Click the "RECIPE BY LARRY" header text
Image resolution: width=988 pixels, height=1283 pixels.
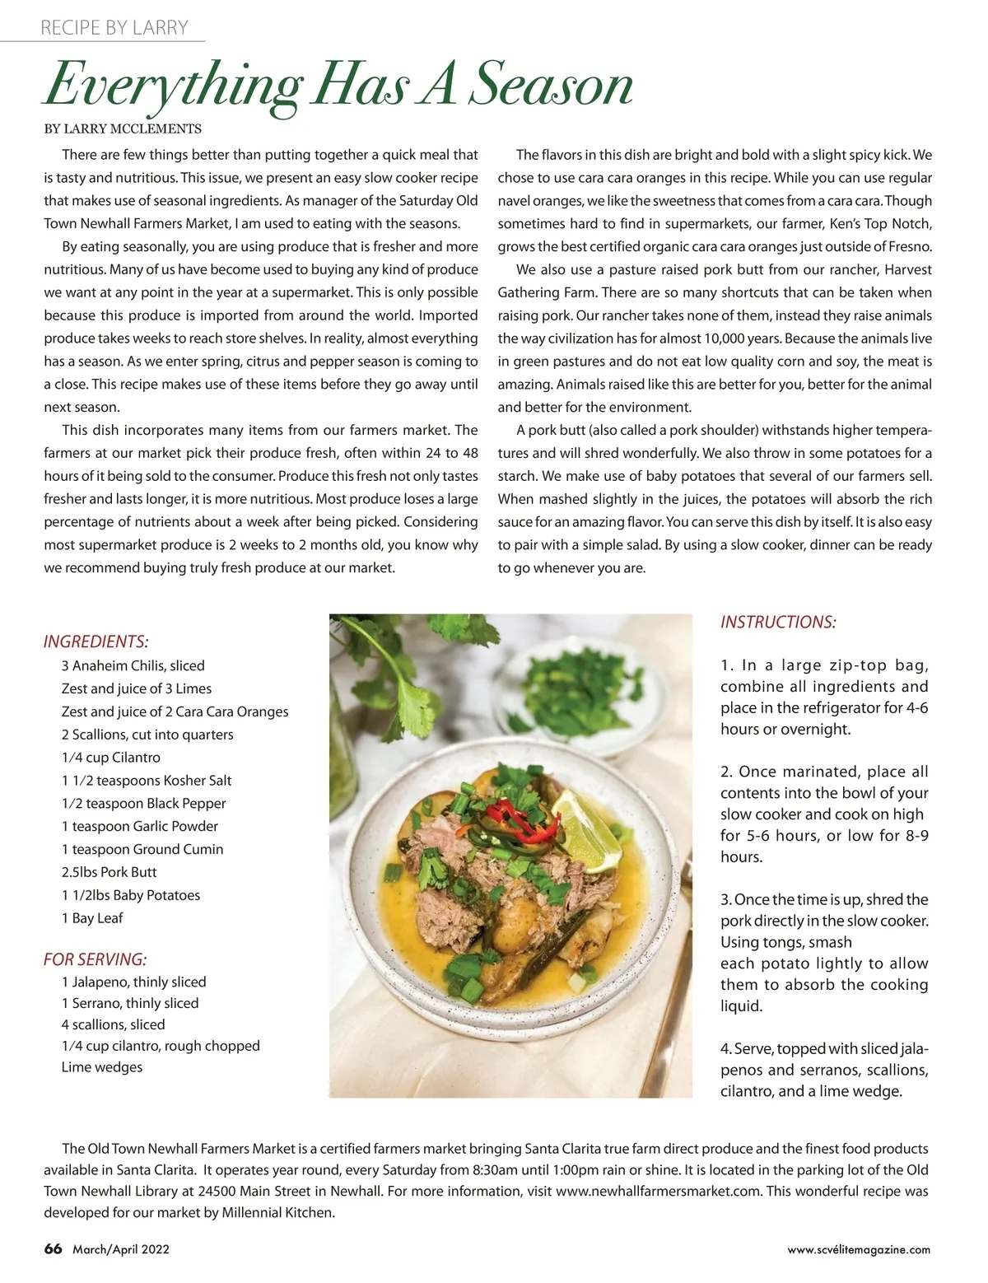(x=114, y=28)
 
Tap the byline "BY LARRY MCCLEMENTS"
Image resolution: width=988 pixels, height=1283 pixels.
(x=123, y=128)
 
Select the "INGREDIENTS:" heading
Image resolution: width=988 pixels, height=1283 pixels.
(x=96, y=641)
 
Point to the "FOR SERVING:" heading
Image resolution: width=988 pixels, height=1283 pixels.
(x=95, y=959)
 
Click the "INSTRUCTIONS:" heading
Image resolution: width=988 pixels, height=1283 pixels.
(x=778, y=623)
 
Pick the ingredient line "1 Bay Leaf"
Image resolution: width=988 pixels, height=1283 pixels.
(x=92, y=918)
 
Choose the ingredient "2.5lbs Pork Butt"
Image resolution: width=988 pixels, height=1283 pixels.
(x=109, y=872)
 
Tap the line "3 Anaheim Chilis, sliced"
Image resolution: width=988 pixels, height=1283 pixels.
(x=133, y=665)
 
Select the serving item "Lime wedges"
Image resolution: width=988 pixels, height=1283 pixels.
(x=101, y=1067)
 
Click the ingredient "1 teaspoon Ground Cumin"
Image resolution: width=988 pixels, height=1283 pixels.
(x=142, y=849)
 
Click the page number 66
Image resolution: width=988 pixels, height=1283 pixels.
(x=53, y=1249)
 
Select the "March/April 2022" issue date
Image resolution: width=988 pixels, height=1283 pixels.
(x=121, y=1249)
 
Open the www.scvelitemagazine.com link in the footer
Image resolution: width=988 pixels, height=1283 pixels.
(x=859, y=1249)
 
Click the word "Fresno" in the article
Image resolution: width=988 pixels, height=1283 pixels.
(x=909, y=246)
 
